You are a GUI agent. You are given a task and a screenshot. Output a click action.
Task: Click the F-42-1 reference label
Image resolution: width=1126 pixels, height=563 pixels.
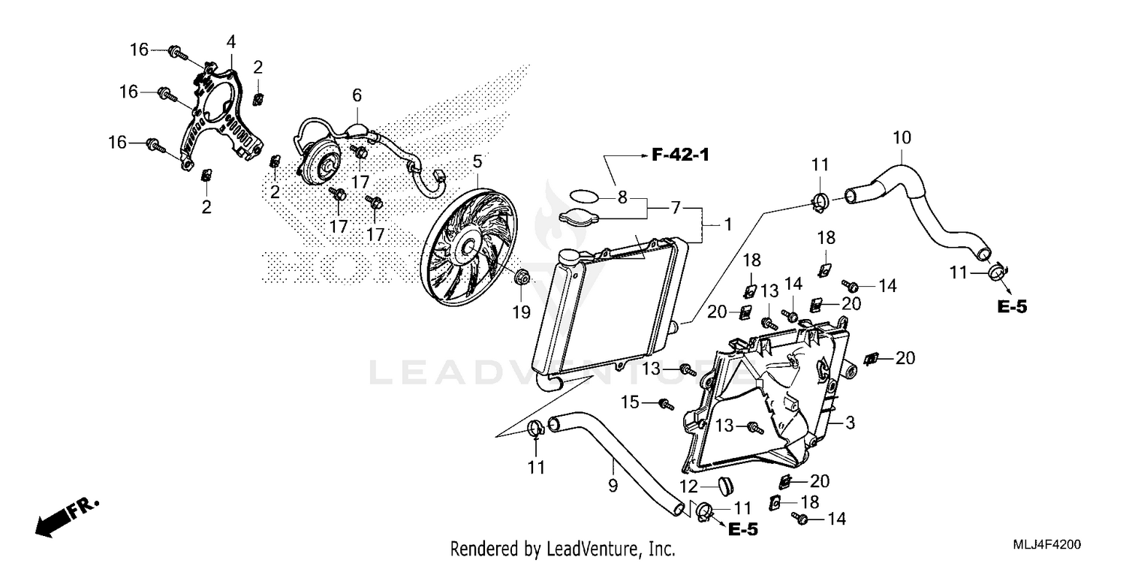pos(680,155)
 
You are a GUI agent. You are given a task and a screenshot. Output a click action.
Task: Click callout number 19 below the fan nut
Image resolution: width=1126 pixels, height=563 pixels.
pos(521,312)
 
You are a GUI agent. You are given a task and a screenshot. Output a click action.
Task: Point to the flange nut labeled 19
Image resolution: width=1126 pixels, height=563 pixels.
pos(522,278)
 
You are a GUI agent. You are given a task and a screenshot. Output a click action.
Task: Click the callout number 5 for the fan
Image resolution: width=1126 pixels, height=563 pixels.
pos(477,161)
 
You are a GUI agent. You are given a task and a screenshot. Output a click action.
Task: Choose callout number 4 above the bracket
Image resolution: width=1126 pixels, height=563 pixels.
pos(230,41)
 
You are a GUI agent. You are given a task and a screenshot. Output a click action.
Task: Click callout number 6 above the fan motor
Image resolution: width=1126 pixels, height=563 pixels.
pos(357,95)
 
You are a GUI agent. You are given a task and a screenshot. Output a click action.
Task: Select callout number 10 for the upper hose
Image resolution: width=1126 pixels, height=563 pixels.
pos(902,137)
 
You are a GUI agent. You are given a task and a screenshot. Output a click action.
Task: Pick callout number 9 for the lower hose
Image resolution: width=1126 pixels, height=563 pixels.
pos(613,486)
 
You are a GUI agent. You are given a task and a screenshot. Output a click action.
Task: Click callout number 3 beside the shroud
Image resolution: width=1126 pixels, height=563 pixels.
pos(849,423)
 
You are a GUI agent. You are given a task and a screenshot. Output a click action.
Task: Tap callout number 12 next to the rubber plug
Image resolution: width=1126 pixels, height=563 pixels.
pos(689,486)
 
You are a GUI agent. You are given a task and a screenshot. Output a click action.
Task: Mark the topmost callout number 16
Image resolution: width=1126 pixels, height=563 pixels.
pos(139,50)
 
